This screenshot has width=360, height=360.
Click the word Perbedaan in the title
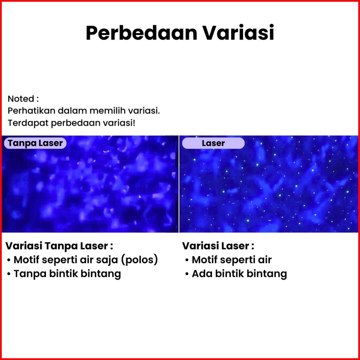tap(141, 33)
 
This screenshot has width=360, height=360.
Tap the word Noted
tap(21, 99)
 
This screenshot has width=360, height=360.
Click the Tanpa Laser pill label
tap(35, 143)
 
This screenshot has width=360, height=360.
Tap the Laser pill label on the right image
tap(213, 143)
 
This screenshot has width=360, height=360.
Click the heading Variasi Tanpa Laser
tap(59, 246)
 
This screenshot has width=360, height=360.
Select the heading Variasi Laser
tap(218, 246)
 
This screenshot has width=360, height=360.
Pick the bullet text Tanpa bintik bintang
tap(67, 274)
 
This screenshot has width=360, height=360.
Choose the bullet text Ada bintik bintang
tap(240, 274)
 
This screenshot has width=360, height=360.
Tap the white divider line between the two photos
tap(179, 184)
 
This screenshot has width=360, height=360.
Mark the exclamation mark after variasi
tap(134, 123)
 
